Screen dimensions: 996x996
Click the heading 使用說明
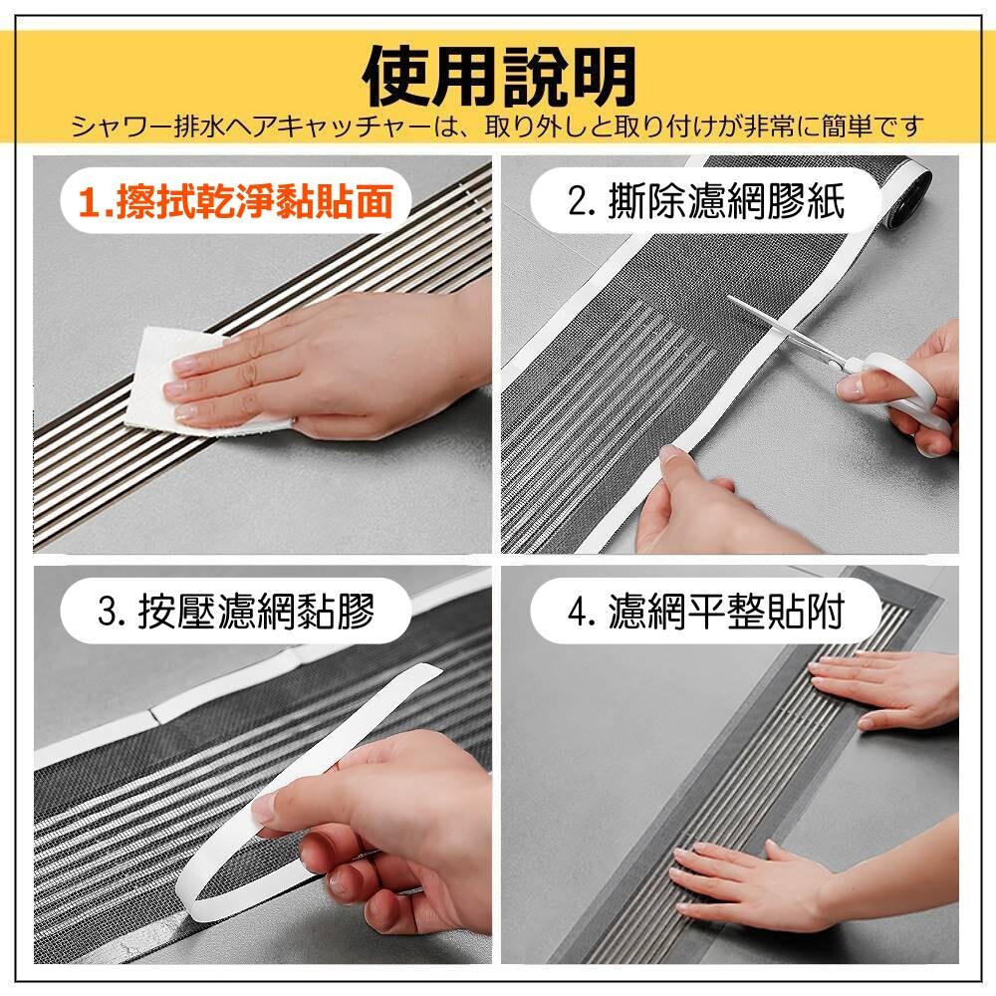(499, 77)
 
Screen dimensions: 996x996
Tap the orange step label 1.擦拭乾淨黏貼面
(236, 201)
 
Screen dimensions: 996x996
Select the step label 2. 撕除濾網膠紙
(706, 201)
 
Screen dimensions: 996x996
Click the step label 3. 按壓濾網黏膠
(236, 612)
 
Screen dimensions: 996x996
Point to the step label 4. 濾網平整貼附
(706, 612)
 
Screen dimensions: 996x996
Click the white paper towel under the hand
(184, 381)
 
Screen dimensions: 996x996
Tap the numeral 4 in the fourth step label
(576, 613)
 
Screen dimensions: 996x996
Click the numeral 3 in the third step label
(107, 613)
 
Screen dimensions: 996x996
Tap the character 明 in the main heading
(604, 77)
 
